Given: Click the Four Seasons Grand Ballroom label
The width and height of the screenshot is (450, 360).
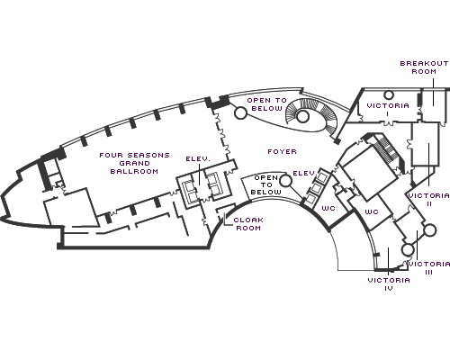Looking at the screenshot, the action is [x=134, y=163].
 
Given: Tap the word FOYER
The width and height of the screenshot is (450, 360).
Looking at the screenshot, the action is [x=282, y=151].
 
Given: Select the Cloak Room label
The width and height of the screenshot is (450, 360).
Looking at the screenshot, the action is [x=248, y=224].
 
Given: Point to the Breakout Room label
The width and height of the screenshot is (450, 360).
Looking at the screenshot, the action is [x=424, y=67].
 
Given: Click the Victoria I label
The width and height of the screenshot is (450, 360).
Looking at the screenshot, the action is [x=388, y=110].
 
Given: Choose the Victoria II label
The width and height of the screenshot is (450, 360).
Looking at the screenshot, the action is [x=429, y=200].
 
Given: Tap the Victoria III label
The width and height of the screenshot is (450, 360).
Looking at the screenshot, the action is [x=429, y=268].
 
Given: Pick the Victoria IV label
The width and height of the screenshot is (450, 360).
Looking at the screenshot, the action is [x=389, y=284].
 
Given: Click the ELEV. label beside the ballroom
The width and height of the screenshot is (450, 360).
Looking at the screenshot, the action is [x=198, y=158].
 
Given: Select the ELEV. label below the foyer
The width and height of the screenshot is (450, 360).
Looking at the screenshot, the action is [x=305, y=173].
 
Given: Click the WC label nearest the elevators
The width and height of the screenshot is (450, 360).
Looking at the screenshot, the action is [x=328, y=208].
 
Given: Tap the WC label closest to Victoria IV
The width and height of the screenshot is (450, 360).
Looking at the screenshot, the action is [x=372, y=211].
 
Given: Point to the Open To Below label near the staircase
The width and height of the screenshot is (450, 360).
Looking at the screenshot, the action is [x=267, y=104].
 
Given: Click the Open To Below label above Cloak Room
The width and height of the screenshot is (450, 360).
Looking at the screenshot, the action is [x=266, y=184].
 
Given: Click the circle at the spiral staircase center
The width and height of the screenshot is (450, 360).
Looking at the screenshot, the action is [x=302, y=116].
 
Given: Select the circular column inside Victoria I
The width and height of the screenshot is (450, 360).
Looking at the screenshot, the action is [x=389, y=95].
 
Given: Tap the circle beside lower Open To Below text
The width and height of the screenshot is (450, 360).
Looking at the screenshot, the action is [x=285, y=181].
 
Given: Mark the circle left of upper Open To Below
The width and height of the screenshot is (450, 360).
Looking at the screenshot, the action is [x=240, y=113].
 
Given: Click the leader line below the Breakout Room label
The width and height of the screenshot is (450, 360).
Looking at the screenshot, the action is [x=433, y=92].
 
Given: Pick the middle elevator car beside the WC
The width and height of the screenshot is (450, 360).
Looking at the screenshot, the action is [x=316, y=188].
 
